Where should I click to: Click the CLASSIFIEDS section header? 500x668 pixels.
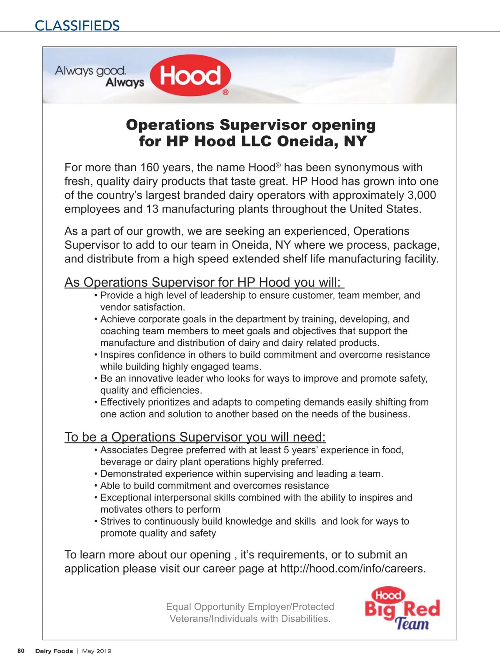(77, 26)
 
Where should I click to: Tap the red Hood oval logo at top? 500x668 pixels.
(190, 76)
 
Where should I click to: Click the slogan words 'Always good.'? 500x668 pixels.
(90, 70)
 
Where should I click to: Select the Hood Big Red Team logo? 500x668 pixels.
(402, 608)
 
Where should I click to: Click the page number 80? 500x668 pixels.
(21, 651)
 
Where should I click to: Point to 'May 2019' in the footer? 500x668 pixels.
(97, 651)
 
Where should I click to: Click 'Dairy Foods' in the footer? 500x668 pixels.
(54, 651)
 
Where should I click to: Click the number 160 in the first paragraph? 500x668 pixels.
(150, 168)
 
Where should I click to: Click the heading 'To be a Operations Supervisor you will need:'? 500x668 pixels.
(195, 437)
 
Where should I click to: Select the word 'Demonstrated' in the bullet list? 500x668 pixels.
(129, 474)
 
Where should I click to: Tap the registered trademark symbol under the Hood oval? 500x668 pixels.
(225, 93)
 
